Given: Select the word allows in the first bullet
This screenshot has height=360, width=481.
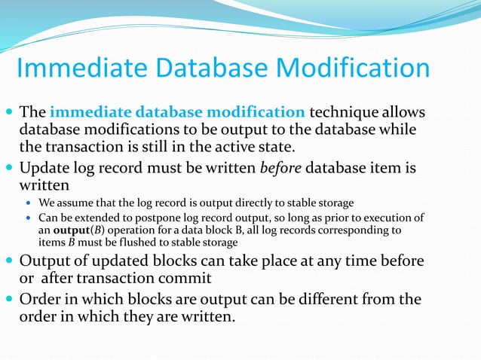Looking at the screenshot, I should click(x=403, y=113).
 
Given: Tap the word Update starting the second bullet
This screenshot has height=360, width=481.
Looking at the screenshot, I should click(x=44, y=167).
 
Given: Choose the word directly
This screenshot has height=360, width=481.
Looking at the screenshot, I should click(x=255, y=202).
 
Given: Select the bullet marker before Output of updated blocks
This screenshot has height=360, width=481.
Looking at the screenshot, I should click(x=8, y=262).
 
